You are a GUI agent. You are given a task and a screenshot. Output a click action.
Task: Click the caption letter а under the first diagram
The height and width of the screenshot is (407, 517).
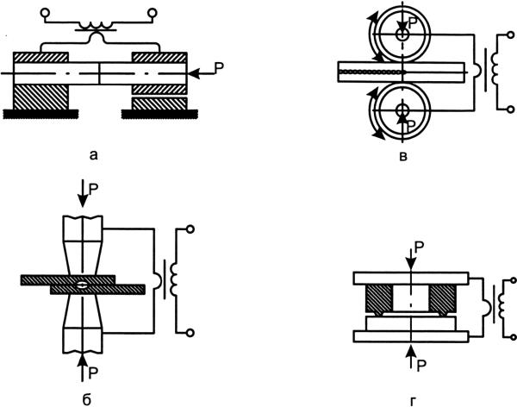pyautogui.click(x=95, y=155)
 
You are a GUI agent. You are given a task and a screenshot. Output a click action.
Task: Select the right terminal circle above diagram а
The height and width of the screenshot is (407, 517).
pyautogui.click(x=153, y=12)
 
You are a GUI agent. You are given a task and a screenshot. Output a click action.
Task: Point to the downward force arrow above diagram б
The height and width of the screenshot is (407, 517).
pyautogui.click(x=81, y=193)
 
